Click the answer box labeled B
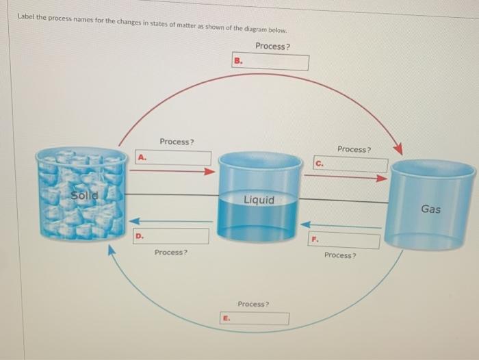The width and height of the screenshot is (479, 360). click(x=271, y=62)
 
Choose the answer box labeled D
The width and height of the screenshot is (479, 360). click(x=171, y=236)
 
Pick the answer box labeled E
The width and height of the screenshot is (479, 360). click(x=254, y=318)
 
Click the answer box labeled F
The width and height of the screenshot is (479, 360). click(x=345, y=241)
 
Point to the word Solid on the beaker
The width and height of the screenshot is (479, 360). click(x=85, y=195)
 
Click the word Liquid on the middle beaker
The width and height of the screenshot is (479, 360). click(x=259, y=200)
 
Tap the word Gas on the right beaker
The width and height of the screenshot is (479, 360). click(x=430, y=209)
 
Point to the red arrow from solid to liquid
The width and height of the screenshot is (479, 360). click(x=172, y=171)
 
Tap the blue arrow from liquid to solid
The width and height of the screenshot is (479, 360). click(x=171, y=221)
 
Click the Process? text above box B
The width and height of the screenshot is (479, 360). click(x=272, y=46)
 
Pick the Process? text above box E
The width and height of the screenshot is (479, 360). click(x=253, y=304)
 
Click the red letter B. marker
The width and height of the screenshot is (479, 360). click(x=238, y=61)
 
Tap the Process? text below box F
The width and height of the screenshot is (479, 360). click(x=340, y=255)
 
